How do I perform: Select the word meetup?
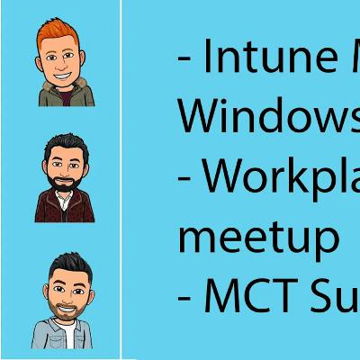point(259,236)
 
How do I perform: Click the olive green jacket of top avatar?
point(45,94)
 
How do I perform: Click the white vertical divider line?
point(120,180)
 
